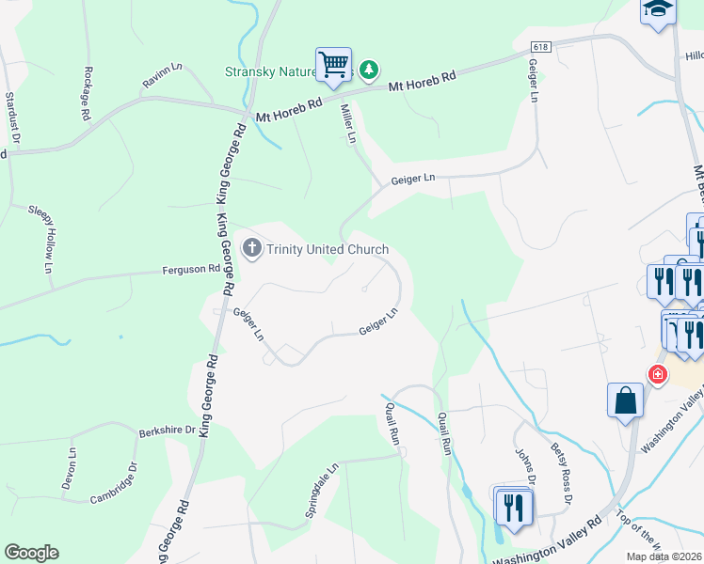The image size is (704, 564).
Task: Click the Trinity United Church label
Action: coord(328,249)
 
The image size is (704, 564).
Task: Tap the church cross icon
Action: coord(251,249)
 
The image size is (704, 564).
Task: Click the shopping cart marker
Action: coord(333,65)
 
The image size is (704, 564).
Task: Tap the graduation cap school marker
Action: coord(659,10)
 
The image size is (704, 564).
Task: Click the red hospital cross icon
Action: coord(657,374)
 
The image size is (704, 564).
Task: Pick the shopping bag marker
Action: coord(624,400)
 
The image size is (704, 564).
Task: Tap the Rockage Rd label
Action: coord(87,92)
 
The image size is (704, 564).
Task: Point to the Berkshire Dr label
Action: coord(167,431)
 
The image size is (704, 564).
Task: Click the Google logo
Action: coord(31,553)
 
